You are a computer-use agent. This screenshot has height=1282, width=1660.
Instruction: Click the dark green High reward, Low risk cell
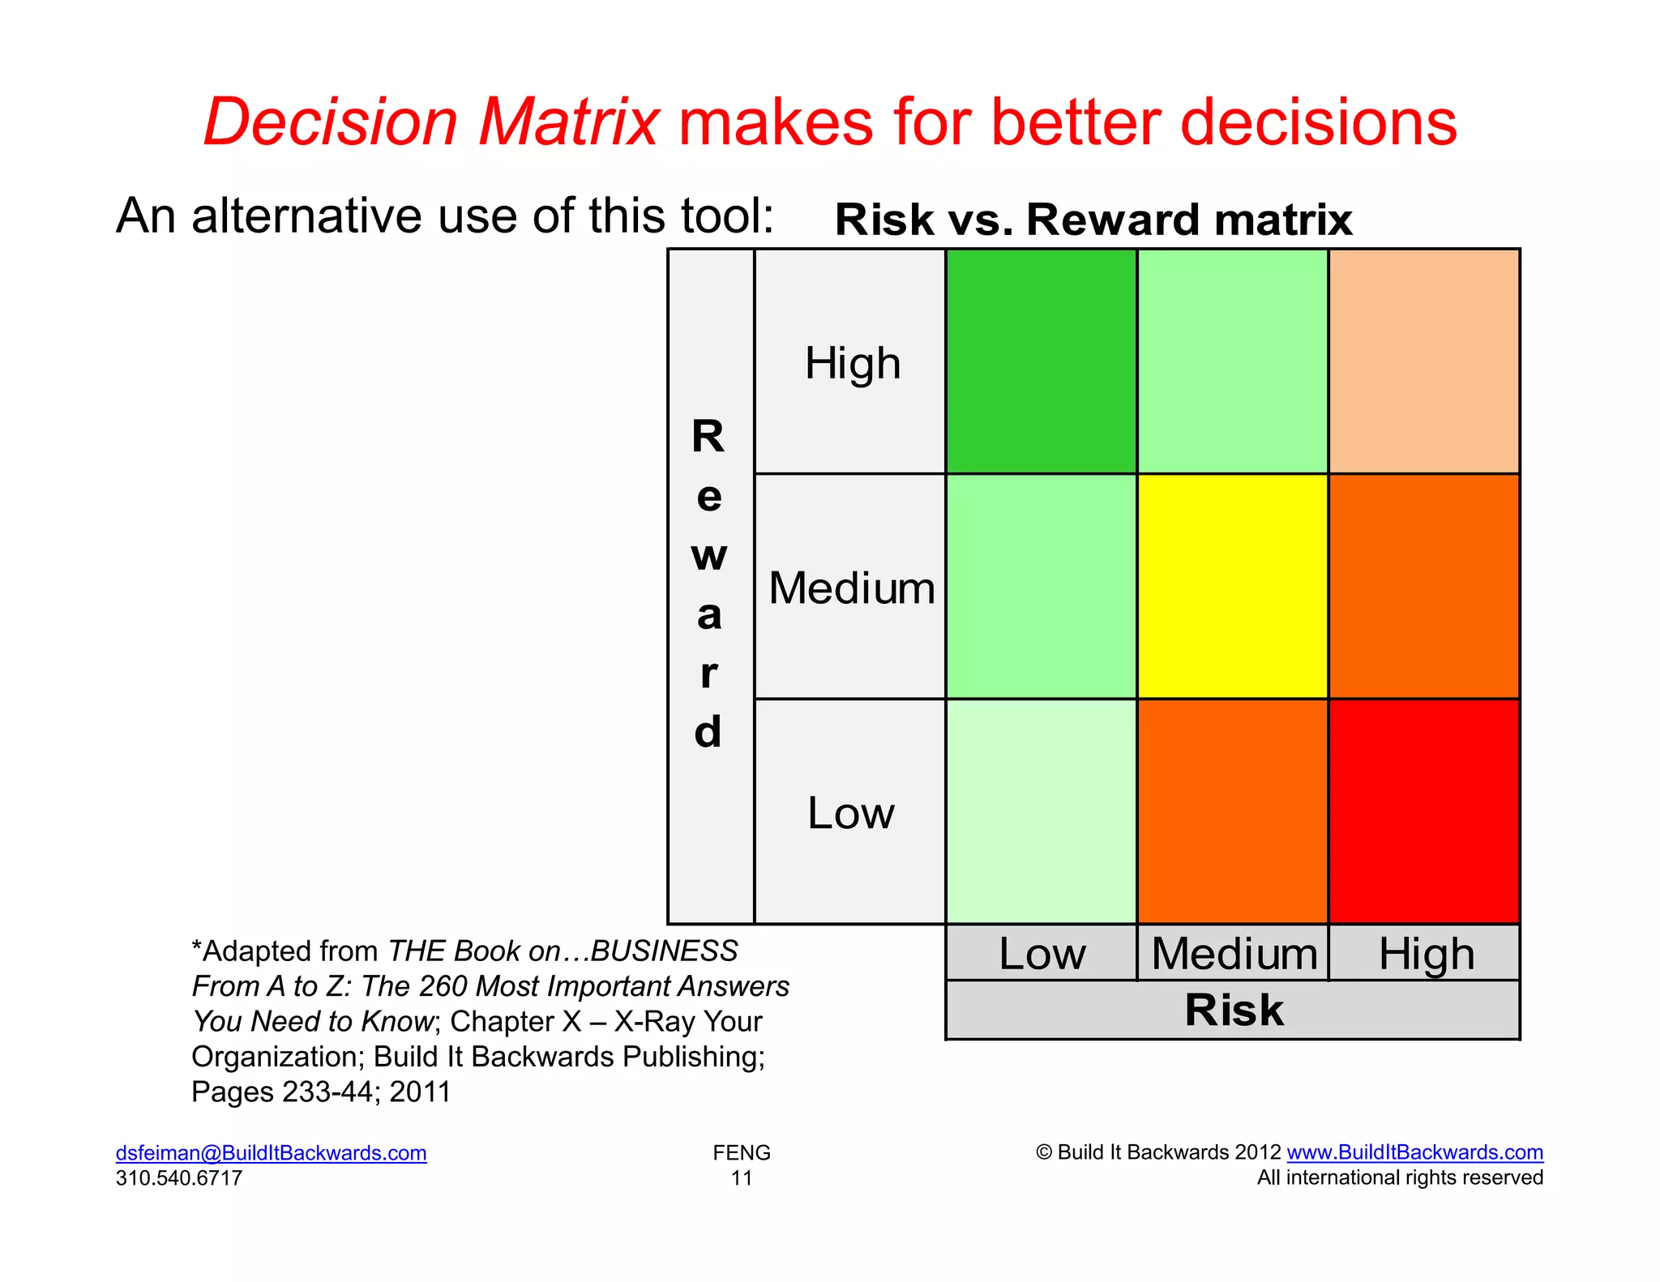(x=1041, y=361)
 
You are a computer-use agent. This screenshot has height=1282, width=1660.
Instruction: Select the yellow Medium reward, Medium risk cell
(x=1232, y=586)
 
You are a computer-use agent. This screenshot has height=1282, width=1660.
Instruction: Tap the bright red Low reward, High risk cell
(x=1424, y=811)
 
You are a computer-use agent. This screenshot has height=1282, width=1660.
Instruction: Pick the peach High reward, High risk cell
(x=1424, y=361)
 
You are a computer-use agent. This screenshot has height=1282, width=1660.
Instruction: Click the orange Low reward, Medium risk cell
(x=1232, y=811)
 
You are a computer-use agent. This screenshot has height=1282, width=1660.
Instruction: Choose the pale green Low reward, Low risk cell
(x=1041, y=811)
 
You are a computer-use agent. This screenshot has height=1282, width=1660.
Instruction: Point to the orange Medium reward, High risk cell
(x=1424, y=586)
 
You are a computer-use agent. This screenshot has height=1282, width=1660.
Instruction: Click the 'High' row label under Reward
(x=852, y=363)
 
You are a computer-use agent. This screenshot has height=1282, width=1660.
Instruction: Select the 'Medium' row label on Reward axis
(x=852, y=588)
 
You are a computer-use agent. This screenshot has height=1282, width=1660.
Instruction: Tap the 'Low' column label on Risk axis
(x=1042, y=954)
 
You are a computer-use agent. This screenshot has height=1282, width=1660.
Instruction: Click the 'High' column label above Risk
(x=1426, y=954)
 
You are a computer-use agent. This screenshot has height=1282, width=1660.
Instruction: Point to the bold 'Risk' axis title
(x=1234, y=1010)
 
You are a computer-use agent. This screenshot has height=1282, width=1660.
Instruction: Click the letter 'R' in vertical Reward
(x=708, y=437)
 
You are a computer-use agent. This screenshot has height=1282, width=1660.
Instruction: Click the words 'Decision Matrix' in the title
(x=430, y=122)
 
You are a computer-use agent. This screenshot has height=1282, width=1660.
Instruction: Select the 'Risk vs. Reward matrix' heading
(x=1093, y=220)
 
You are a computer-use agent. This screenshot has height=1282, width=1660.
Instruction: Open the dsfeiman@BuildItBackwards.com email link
(x=271, y=1152)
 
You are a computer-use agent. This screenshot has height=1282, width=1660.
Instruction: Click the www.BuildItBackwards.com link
(x=1414, y=1152)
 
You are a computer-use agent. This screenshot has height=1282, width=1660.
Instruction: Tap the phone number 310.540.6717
(x=179, y=1177)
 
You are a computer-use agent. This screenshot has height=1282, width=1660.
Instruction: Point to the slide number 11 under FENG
(x=742, y=1178)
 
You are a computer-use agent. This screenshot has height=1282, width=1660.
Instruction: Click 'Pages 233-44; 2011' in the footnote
(x=321, y=1092)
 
